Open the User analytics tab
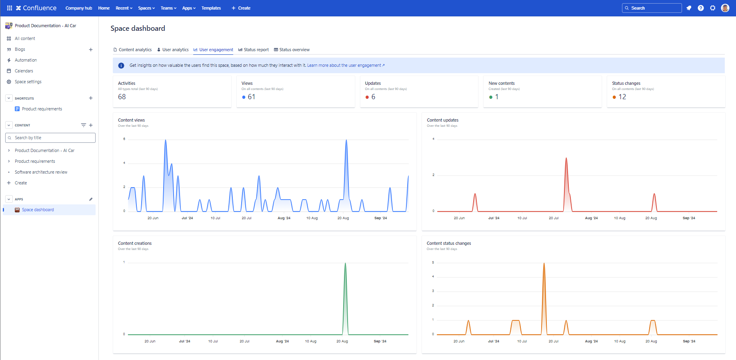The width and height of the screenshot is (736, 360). (173, 50)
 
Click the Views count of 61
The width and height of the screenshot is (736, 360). (251, 97)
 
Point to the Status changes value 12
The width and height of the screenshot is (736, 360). (622, 97)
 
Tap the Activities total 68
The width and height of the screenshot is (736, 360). (122, 97)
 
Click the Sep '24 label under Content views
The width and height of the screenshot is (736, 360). (380, 218)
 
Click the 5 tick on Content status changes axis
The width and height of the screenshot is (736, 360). (433, 262)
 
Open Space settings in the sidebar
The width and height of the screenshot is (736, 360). (28, 82)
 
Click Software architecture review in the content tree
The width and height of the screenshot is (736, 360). (41, 172)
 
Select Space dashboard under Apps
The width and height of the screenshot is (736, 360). (38, 210)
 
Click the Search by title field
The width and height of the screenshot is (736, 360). (50, 138)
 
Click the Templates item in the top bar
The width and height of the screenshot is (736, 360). (211, 8)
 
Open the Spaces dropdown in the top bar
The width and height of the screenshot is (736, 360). (146, 8)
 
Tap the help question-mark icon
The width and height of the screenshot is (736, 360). (700, 8)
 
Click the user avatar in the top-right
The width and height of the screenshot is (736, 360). (725, 8)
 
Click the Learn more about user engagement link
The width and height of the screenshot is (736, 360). (346, 65)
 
